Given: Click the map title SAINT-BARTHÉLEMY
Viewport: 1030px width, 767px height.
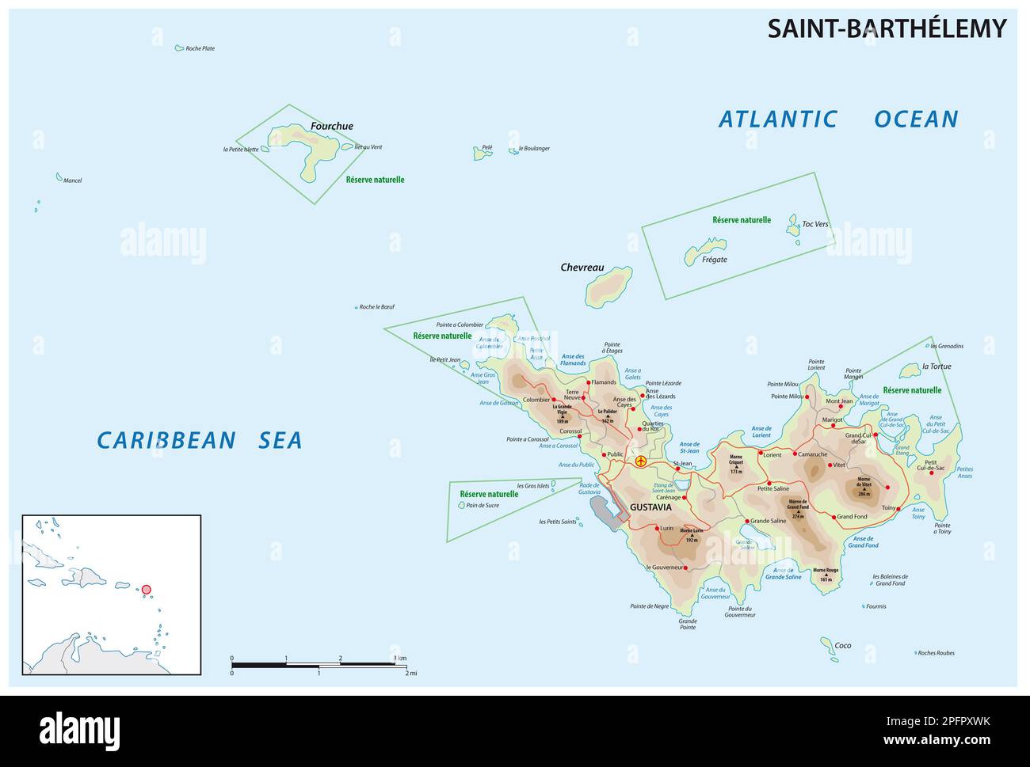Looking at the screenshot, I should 887,28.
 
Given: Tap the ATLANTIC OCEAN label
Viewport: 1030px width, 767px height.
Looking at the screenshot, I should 838,119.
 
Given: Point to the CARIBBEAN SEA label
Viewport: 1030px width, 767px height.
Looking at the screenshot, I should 200,440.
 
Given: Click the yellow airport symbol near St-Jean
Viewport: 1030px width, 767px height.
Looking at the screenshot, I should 641,461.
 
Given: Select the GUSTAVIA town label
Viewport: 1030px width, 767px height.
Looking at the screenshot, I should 650,507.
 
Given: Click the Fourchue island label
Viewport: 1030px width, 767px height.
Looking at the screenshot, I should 332,126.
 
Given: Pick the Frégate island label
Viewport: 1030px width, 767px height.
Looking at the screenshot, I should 714,260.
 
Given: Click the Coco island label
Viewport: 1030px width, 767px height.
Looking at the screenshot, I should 843,646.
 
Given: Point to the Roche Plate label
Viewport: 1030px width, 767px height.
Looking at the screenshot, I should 200,48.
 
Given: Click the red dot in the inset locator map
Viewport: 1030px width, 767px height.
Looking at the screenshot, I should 146,589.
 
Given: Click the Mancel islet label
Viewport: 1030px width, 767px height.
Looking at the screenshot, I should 72,180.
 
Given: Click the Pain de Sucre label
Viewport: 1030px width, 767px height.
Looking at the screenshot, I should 483,505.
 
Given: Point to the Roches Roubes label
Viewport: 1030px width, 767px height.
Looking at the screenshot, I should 937,653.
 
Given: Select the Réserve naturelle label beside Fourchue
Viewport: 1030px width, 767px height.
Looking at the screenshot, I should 375,180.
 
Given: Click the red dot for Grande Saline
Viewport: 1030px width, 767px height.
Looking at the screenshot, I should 746,521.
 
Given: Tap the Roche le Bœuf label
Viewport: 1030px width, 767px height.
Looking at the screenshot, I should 376,307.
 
